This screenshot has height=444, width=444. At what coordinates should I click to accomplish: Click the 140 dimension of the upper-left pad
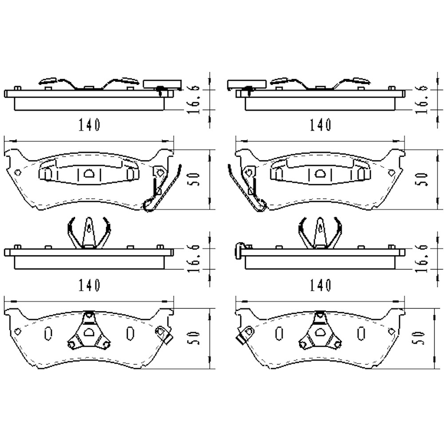coord(89,125)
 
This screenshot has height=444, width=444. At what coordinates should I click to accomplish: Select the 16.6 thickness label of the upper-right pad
coord(422,99)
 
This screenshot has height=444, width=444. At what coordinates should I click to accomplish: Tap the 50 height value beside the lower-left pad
coord(194,338)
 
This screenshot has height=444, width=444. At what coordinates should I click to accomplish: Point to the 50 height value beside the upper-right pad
coord(422,179)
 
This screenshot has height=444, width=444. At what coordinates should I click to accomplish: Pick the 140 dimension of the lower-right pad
coord(320,285)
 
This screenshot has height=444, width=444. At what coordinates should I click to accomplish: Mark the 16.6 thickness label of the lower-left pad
coord(194,258)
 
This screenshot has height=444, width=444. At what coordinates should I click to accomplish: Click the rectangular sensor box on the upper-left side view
coord(162,84)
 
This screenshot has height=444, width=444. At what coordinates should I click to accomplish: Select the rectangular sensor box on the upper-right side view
coord(246,84)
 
